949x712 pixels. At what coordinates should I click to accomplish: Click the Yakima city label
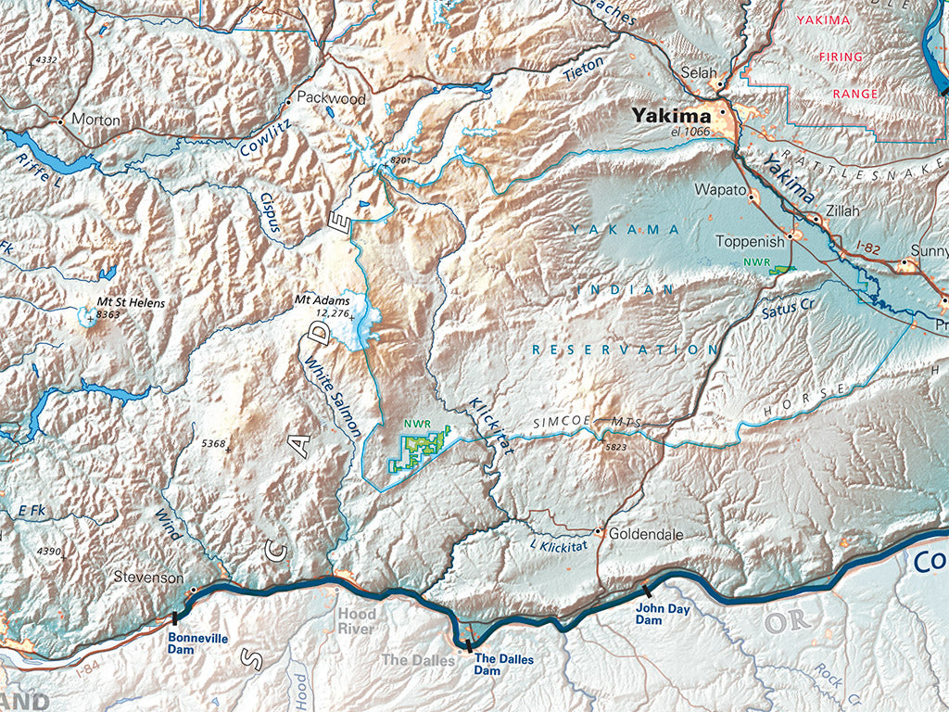tap(671, 116)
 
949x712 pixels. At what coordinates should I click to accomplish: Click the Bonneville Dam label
tap(192, 643)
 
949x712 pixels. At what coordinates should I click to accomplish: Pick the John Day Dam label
tap(662, 614)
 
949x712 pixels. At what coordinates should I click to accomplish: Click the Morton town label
tap(95, 121)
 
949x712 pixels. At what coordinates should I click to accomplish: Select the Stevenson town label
tap(148, 577)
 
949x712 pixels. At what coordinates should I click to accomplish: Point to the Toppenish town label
tap(750, 241)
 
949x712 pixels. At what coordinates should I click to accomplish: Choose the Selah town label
tap(700, 71)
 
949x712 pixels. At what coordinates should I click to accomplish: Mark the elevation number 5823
tap(616, 448)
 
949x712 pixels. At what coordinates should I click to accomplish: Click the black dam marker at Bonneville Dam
tap(174, 617)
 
